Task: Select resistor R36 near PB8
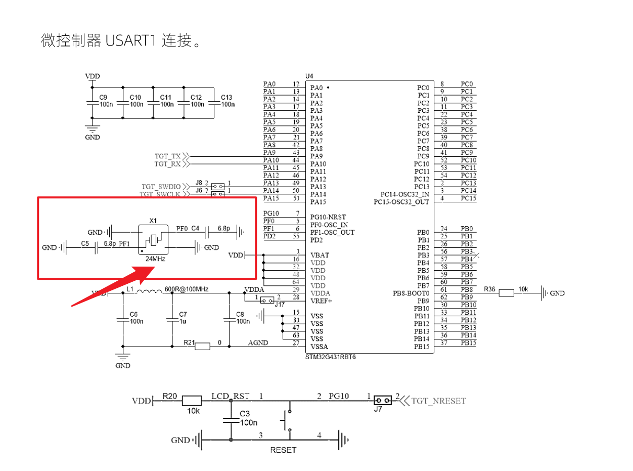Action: pyautogui.click(x=506, y=293)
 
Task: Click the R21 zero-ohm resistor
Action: pyautogui.click(x=202, y=347)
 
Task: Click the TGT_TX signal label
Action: pyautogui.click(x=167, y=156)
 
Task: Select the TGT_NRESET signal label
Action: pyautogui.click(x=438, y=401)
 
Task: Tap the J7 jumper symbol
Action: pyautogui.click(x=382, y=401)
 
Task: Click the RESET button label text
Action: pyautogui.click(x=283, y=450)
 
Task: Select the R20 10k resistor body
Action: pyautogui.click(x=192, y=401)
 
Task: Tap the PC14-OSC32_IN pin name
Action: pyautogui.click(x=405, y=194)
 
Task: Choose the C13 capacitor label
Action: pyautogui.click(x=227, y=97)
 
